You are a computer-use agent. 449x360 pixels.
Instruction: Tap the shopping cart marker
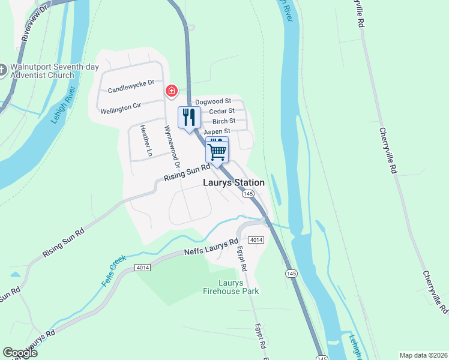pyautogui.click(x=217, y=151)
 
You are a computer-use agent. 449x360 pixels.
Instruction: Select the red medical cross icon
pyautogui.click(x=172, y=91)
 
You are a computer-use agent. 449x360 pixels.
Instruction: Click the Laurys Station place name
pyautogui.click(x=234, y=182)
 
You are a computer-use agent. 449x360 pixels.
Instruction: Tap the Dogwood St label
pyautogui.click(x=213, y=102)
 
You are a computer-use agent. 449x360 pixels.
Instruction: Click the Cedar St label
pyautogui.click(x=220, y=112)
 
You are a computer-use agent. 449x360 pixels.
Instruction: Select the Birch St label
pyautogui.click(x=224, y=121)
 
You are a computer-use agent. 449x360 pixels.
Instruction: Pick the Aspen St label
pyautogui.click(x=217, y=131)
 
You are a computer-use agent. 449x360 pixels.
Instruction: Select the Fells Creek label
pyautogui.click(x=117, y=271)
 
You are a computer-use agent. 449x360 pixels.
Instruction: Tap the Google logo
pyautogui.click(x=20, y=353)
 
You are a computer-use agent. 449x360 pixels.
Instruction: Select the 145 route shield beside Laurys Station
pyautogui.click(x=249, y=194)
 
